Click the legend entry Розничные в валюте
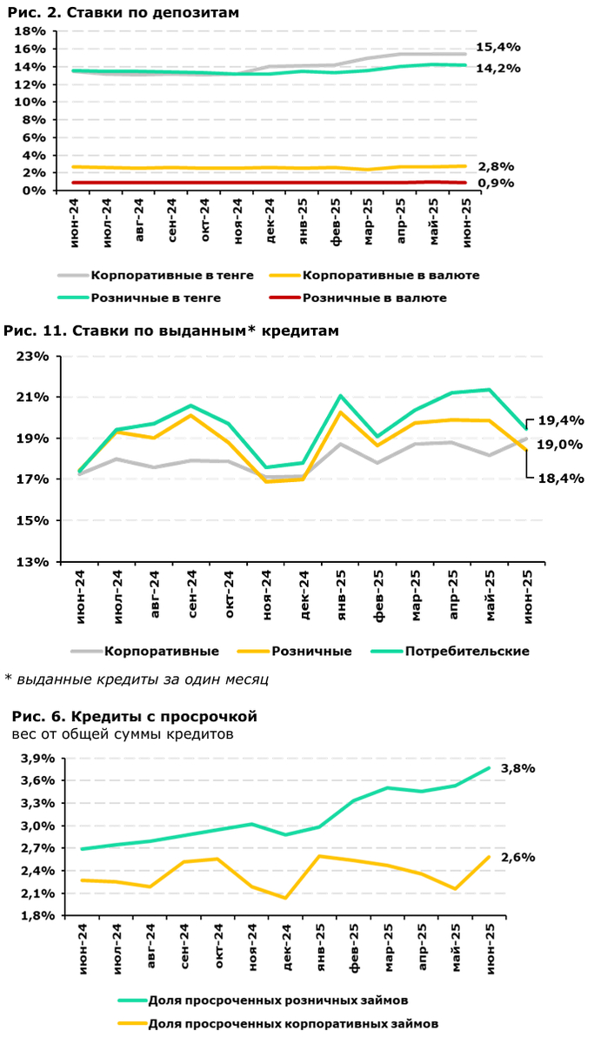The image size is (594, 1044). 374,298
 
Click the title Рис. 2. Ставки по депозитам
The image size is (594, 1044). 123,12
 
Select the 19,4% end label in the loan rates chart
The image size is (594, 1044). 559,420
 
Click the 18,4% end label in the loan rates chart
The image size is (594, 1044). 559,478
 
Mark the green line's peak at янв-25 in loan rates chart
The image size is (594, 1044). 340,396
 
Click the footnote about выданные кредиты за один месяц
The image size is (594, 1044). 124,679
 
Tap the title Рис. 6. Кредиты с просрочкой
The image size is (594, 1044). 135,717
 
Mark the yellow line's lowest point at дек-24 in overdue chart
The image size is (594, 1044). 285,898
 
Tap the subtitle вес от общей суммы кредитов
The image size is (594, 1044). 123,734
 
